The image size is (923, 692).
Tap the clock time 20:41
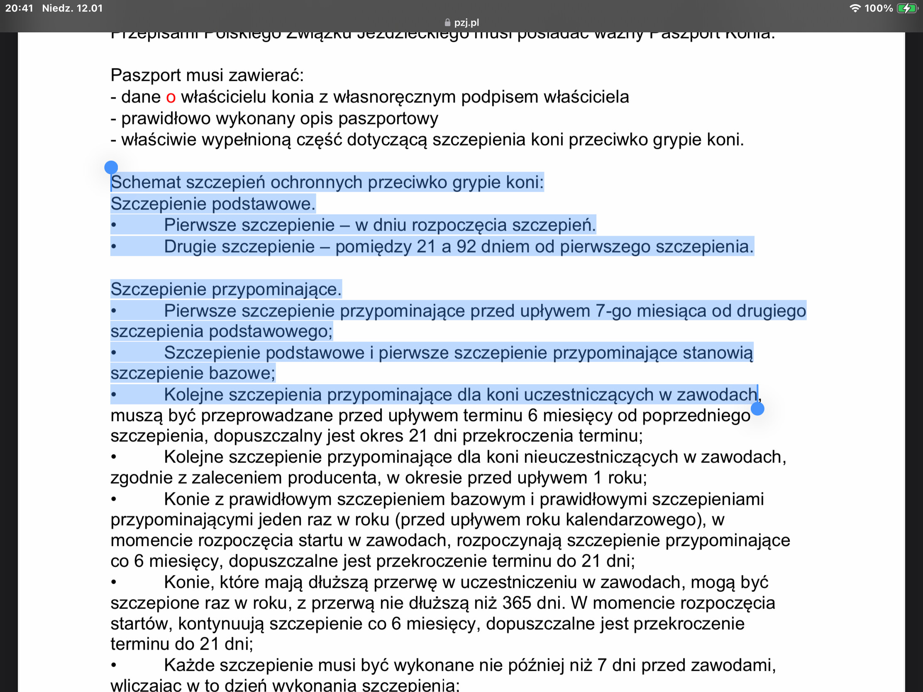(19, 8)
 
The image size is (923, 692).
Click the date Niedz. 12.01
(72, 8)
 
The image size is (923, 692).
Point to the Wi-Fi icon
(855, 8)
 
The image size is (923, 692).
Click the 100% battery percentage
(878, 8)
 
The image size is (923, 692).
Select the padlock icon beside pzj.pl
(447, 22)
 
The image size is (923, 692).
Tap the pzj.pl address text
(466, 22)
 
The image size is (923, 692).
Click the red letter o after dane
(171, 97)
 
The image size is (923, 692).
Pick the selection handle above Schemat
(111, 168)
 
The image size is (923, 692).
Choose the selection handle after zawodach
(757, 409)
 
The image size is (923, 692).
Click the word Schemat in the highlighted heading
(146, 183)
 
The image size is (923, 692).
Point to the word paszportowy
(388, 119)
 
